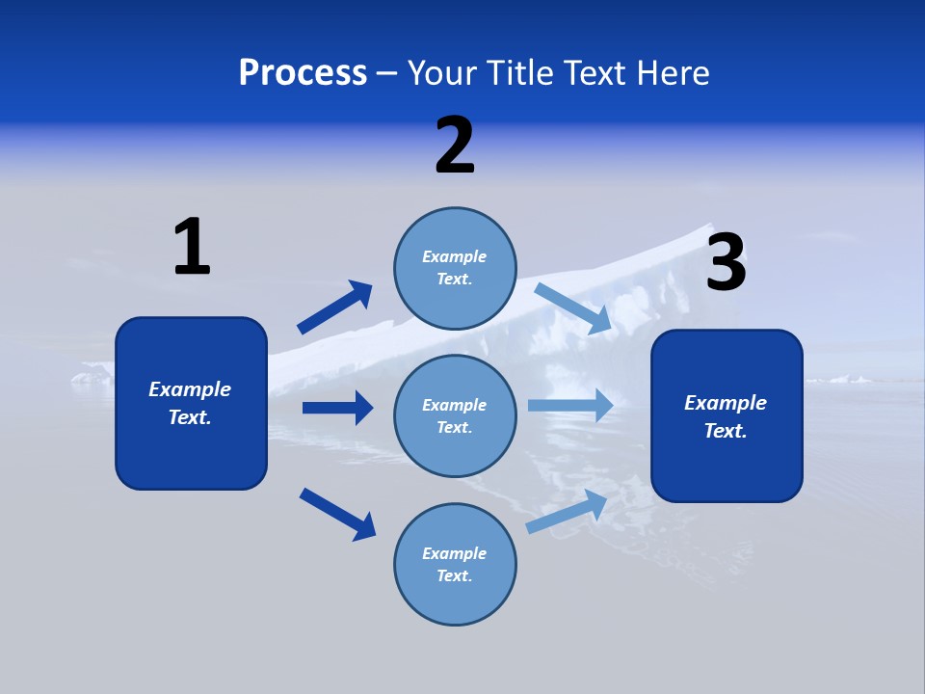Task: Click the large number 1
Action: pyautogui.click(x=193, y=247)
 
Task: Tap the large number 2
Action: pyautogui.click(x=455, y=146)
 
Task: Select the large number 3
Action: pyautogui.click(x=726, y=262)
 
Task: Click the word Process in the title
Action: pyautogui.click(x=303, y=72)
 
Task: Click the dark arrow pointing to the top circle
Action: pyautogui.click(x=334, y=307)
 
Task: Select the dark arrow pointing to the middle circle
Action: pyautogui.click(x=337, y=408)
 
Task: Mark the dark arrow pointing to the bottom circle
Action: pyautogui.click(x=337, y=513)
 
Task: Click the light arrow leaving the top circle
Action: pyautogui.click(x=573, y=308)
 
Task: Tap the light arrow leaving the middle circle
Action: pyautogui.click(x=570, y=405)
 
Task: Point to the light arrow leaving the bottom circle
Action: pyautogui.click(x=567, y=511)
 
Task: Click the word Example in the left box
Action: pyautogui.click(x=190, y=389)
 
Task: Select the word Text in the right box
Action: pyautogui.click(x=725, y=431)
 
